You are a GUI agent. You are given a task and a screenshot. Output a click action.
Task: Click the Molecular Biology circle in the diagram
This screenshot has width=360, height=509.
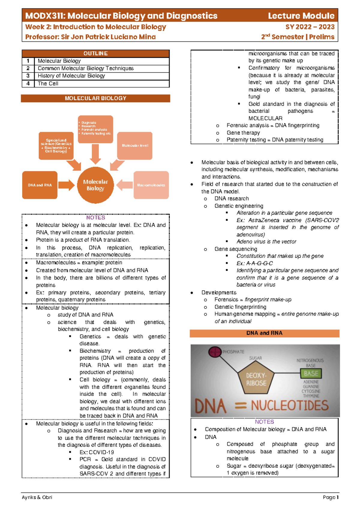point(95,185)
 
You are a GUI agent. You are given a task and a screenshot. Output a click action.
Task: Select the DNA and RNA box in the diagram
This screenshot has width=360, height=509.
point(40,185)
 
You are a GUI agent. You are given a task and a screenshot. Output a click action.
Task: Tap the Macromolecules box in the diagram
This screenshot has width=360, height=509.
point(151,185)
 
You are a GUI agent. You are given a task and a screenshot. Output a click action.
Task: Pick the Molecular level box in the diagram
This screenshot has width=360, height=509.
point(135,146)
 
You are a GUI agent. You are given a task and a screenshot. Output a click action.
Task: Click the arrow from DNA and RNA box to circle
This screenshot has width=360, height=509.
point(66,185)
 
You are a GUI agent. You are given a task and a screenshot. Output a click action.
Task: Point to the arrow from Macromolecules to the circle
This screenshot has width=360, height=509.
point(124,185)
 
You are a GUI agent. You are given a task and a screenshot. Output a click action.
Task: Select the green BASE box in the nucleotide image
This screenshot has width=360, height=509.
point(311,374)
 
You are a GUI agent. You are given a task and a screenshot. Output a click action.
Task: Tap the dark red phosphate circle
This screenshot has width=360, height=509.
point(214,352)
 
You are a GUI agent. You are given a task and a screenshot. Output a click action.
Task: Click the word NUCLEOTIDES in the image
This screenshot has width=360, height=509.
point(289,406)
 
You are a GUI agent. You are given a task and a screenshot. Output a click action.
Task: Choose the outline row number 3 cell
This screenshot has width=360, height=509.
point(28,76)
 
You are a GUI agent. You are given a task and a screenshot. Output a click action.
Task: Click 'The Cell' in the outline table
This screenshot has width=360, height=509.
point(48,84)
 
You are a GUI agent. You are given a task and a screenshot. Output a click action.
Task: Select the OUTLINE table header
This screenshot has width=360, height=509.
point(95,53)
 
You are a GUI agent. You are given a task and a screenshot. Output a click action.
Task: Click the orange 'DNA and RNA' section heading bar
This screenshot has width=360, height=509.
point(264,333)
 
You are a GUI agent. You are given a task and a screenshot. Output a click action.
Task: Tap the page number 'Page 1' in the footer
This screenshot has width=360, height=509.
point(331,497)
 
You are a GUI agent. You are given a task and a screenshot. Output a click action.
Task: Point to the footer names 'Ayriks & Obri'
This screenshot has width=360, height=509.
point(37,497)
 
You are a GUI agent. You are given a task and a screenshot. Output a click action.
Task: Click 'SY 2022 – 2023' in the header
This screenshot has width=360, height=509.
point(310,27)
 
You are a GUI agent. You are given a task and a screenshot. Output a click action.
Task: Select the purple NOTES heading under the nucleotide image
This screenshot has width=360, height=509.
point(264,422)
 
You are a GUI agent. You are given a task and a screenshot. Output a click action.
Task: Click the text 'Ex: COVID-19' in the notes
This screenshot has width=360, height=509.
point(97,452)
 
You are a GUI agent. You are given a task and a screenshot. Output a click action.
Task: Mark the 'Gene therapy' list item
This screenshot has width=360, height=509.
point(243,133)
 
